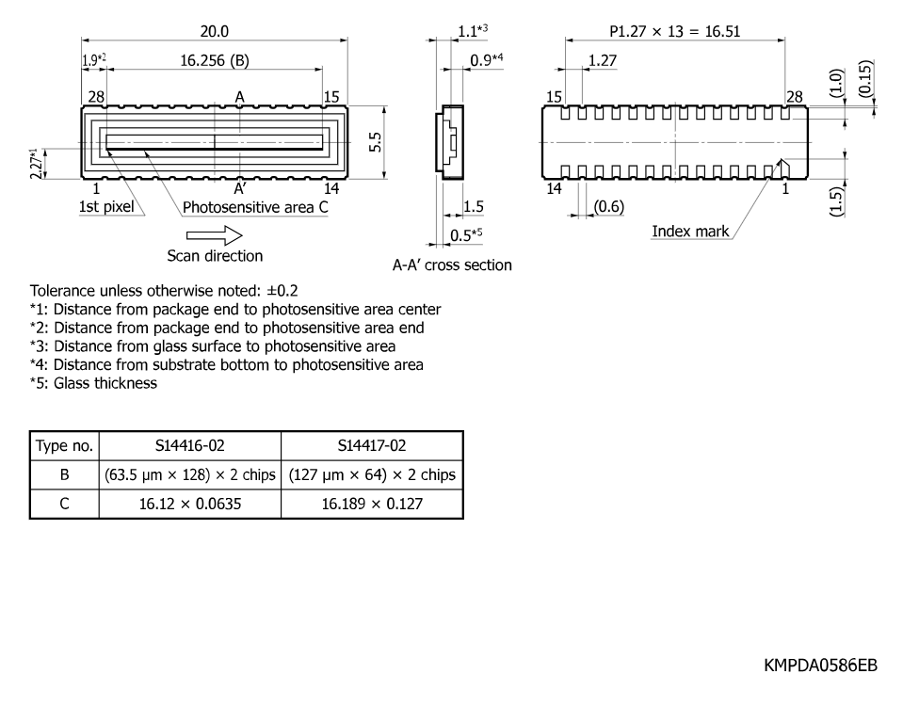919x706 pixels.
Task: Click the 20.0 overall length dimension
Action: pyautogui.click(x=215, y=31)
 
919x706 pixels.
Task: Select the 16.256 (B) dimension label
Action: pyautogui.click(x=215, y=60)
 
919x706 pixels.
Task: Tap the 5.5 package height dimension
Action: pyautogui.click(x=375, y=142)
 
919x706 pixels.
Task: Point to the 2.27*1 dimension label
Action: pyautogui.click(x=36, y=164)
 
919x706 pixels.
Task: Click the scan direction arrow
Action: pyautogui.click(x=215, y=235)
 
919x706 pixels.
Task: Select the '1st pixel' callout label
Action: pyautogui.click(x=106, y=207)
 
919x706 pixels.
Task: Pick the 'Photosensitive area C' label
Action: pyautogui.click(x=255, y=207)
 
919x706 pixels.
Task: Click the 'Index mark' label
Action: pyautogui.click(x=690, y=232)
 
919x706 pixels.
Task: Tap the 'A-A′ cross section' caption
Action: pyautogui.click(x=452, y=265)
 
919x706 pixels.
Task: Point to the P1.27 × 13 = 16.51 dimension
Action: pyautogui.click(x=674, y=31)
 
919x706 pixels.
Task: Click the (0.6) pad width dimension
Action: pyautogui.click(x=609, y=207)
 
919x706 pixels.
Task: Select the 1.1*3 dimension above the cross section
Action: pyautogui.click(x=473, y=31)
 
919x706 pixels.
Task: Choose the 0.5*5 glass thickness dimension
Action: pyautogui.click(x=466, y=235)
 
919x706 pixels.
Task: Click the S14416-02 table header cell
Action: pyautogui.click(x=190, y=446)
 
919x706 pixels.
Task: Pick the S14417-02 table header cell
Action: pyautogui.click(x=372, y=446)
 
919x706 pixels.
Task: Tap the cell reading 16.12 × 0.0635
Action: pyautogui.click(x=190, y=504)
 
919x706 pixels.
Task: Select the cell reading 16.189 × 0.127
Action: pyautogui.click(x=372, y=504)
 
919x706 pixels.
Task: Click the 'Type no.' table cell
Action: pyautogui.click(x=64, y=446)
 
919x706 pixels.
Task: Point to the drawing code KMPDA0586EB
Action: pyautogui.click(x=820, y=666)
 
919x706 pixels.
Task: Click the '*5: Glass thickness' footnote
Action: pyautogui.click(x=94, y=383)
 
